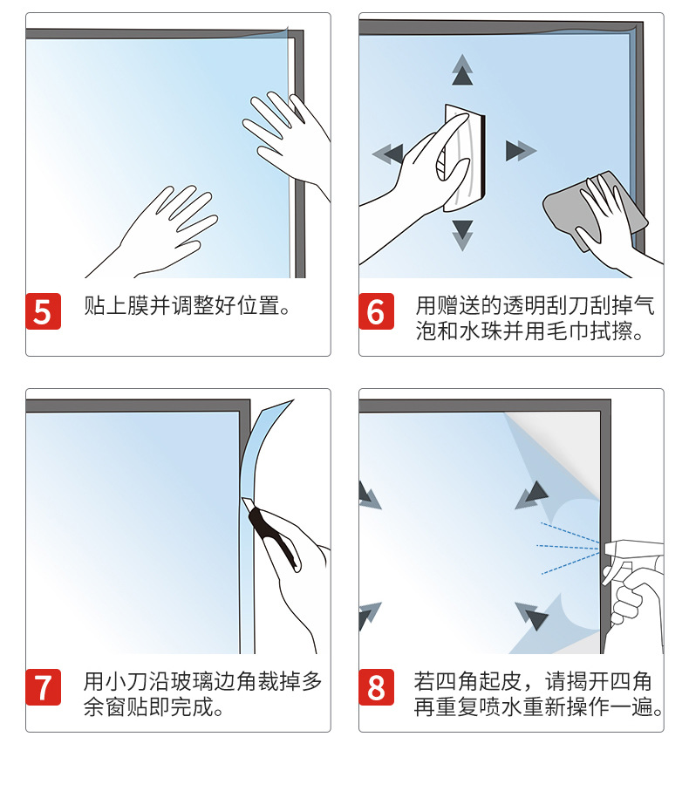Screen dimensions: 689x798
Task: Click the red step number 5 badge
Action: [x=44, y=311]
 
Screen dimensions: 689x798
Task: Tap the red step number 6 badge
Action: [x=377, y=311]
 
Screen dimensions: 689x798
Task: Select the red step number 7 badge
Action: [x=44, y=687]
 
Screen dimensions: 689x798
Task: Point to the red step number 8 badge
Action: [x=377, y=687]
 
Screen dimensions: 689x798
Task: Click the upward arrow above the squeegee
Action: [x=462, y=71]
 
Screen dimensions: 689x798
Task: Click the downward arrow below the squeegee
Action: [x=462, y=235]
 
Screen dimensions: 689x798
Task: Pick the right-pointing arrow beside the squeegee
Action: [x=521, y=151]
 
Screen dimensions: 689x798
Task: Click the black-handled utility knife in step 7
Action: [x=272, y=535]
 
